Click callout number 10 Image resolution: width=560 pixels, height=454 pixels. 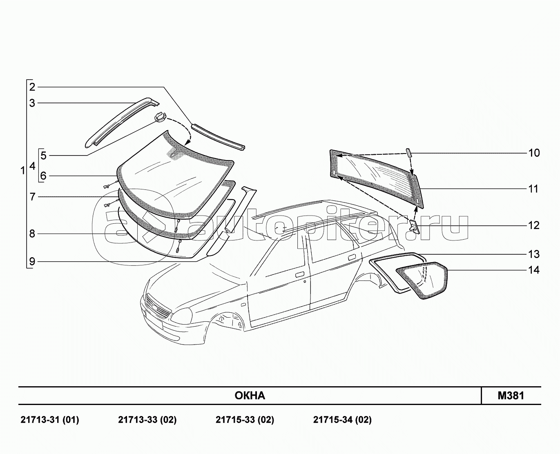click(x=534, y=153)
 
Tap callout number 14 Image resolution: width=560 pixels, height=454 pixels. click(x=534, y=270)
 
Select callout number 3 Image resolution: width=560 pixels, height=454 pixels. click(x=32, y=103)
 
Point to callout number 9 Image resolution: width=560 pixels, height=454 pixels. click(x=32, y=261)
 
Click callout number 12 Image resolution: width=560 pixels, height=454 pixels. click(x=534, y=225)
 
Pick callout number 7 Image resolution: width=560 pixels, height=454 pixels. click(x=32, y=197)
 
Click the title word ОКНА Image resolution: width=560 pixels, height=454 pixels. click(x=250, y=396)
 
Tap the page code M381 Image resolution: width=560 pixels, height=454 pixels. click(x=511, y=396)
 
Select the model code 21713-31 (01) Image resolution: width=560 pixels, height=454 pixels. click(x=49, y=420)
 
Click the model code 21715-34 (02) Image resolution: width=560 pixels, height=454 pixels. click(x=342, y=420)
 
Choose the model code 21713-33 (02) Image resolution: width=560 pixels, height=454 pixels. click(x=147, y=420)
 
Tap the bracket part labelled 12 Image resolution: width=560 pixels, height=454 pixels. click(x=414, y=226)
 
